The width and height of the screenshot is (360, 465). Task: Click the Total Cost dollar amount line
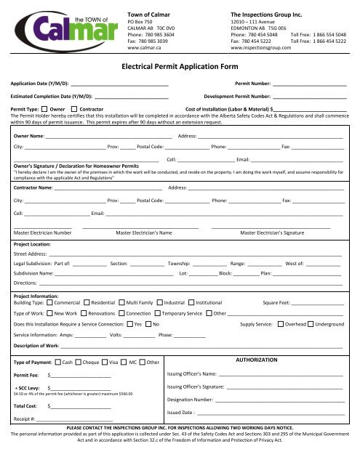coord(80,405)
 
